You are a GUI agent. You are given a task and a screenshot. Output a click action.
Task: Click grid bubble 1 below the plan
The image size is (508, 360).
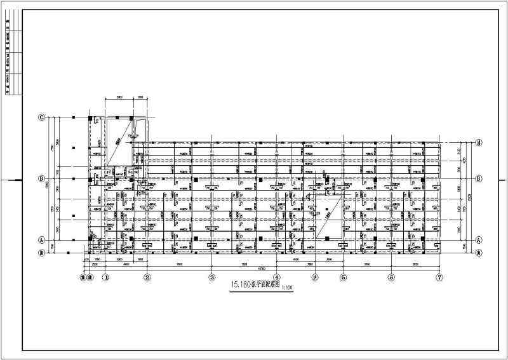tap(106, 277)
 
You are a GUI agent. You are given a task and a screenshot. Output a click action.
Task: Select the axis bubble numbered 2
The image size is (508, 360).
tap(147, 277)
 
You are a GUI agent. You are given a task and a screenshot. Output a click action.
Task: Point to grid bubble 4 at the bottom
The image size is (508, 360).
tap(277, 277)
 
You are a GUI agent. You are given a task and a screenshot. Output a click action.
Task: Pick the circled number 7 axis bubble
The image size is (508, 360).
tap(439, 277)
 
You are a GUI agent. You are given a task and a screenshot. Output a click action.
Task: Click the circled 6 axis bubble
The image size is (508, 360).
tap(392, 277)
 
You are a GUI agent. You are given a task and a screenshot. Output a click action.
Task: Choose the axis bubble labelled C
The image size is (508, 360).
tap(42, 117)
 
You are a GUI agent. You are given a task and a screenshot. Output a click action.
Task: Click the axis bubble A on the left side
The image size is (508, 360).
tap(42, 240)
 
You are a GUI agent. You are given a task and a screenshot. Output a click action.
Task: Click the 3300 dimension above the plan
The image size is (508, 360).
tap(119, 97)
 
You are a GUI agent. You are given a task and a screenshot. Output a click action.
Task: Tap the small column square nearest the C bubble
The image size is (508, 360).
tap(74, 118)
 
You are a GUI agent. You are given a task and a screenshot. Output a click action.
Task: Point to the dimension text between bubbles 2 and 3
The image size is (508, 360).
tap(180, 264)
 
